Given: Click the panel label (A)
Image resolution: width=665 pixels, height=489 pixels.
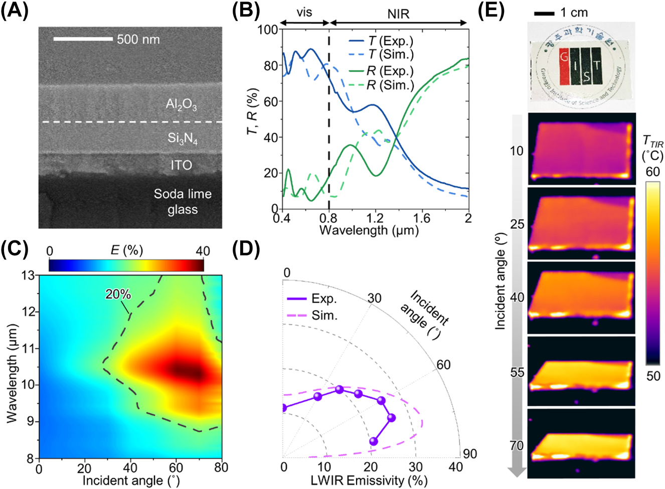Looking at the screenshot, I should point(15,11).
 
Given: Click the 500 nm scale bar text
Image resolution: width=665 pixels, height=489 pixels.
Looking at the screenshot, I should point(138,39).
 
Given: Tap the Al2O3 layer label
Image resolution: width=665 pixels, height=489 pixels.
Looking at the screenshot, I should point(181,104).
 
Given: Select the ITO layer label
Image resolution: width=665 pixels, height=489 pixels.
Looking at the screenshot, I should point(181,165).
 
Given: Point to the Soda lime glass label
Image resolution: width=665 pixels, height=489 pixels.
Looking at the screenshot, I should point(183,201).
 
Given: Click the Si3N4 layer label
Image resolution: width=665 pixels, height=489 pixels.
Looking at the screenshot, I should point(183,138).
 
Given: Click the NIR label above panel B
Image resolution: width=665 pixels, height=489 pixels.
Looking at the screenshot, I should point(398,14).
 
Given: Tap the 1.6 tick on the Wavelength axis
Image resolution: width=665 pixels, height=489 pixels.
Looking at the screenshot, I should point(421,218).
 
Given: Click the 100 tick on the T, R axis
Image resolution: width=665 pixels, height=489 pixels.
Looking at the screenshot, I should point(268,30).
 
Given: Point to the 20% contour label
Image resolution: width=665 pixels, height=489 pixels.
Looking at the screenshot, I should point(118,294).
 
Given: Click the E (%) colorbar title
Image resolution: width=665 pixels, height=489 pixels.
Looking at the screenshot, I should point(126,250).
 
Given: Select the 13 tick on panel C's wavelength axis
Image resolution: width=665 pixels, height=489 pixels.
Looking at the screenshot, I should point(29,275).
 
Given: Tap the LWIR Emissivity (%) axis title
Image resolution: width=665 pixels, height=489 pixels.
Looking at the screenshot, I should point(369,480).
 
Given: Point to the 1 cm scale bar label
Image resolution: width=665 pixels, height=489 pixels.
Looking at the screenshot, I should point(574,13).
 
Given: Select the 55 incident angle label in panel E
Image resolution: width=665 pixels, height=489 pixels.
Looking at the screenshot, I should point(517,372).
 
